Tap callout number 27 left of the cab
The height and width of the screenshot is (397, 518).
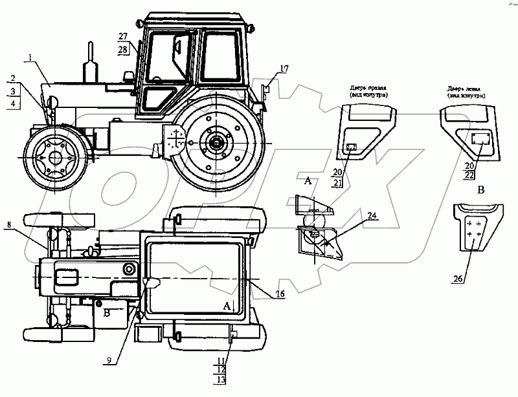pos(123,36)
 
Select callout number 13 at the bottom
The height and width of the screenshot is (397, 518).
pos(222,380)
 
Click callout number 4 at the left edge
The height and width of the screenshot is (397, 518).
pos(14,104)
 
